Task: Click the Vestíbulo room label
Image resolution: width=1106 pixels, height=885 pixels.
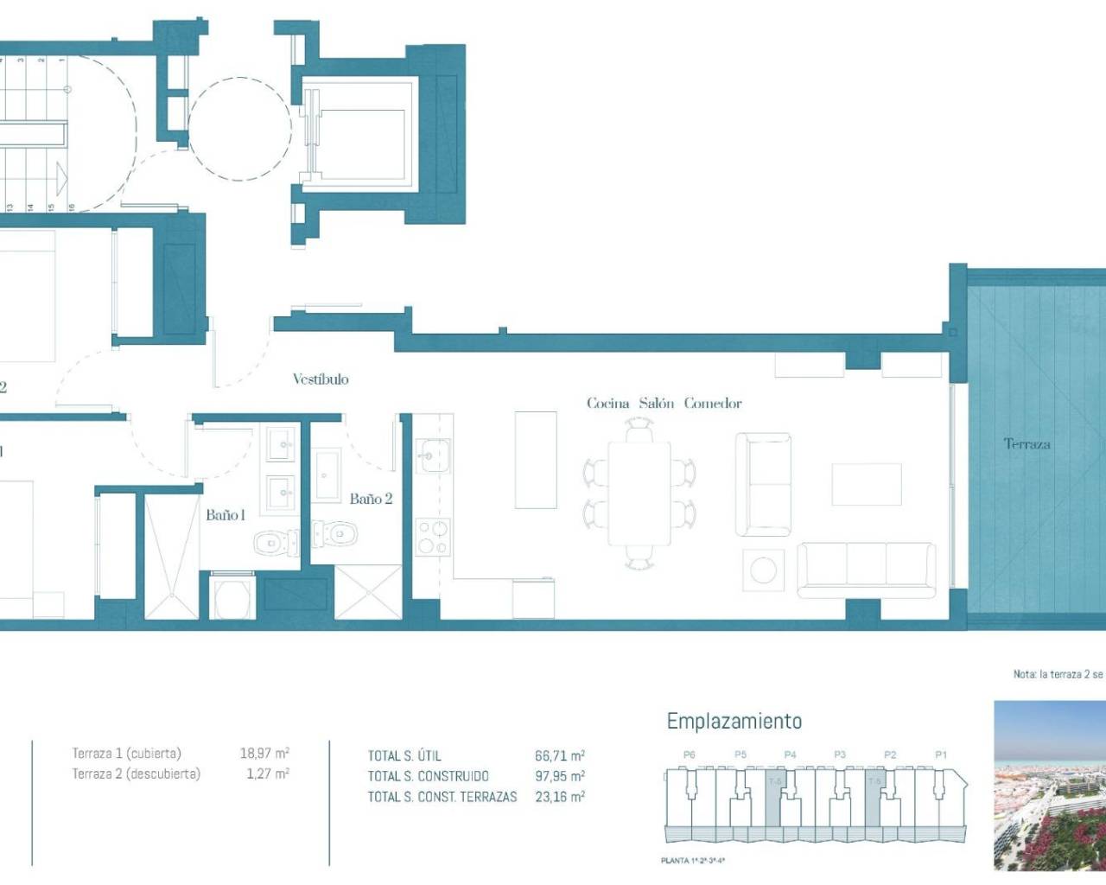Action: point(321,379)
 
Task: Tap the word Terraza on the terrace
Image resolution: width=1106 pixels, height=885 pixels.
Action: point(1027,444)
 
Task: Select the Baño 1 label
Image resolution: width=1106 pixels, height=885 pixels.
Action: point(226,515)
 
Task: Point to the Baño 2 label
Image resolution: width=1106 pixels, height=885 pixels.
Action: point(371,499)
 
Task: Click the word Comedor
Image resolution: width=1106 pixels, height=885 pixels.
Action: point(713,403)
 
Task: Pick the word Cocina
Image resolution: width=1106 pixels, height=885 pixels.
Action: point(608,403)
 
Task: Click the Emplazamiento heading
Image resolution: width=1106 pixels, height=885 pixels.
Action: point(734,721)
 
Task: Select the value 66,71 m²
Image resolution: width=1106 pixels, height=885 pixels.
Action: point(560,755)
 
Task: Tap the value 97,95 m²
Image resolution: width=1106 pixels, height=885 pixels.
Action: point(560,776)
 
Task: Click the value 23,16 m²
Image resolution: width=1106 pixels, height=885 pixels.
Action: point(560,797)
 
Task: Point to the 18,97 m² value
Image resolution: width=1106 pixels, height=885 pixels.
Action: point(264,753)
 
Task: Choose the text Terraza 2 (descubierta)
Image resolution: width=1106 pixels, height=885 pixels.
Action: point(136,774)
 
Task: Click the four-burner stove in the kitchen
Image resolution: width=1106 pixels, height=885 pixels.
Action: point(432,537)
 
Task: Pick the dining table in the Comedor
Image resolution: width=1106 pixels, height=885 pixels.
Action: point(639,493)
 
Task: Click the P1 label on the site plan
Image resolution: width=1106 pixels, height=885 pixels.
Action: point(941,754)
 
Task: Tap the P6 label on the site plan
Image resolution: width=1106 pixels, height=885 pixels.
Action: point(689,754)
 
